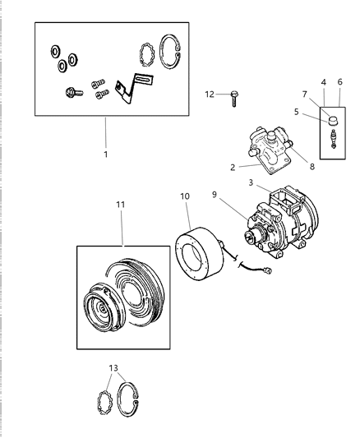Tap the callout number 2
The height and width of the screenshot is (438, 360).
(x=233, y=167)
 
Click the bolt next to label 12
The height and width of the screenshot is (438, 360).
(x=235, y=96)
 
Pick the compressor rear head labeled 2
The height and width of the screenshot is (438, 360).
(x=265, y=148)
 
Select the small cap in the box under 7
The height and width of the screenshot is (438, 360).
(x=333, y=122)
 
